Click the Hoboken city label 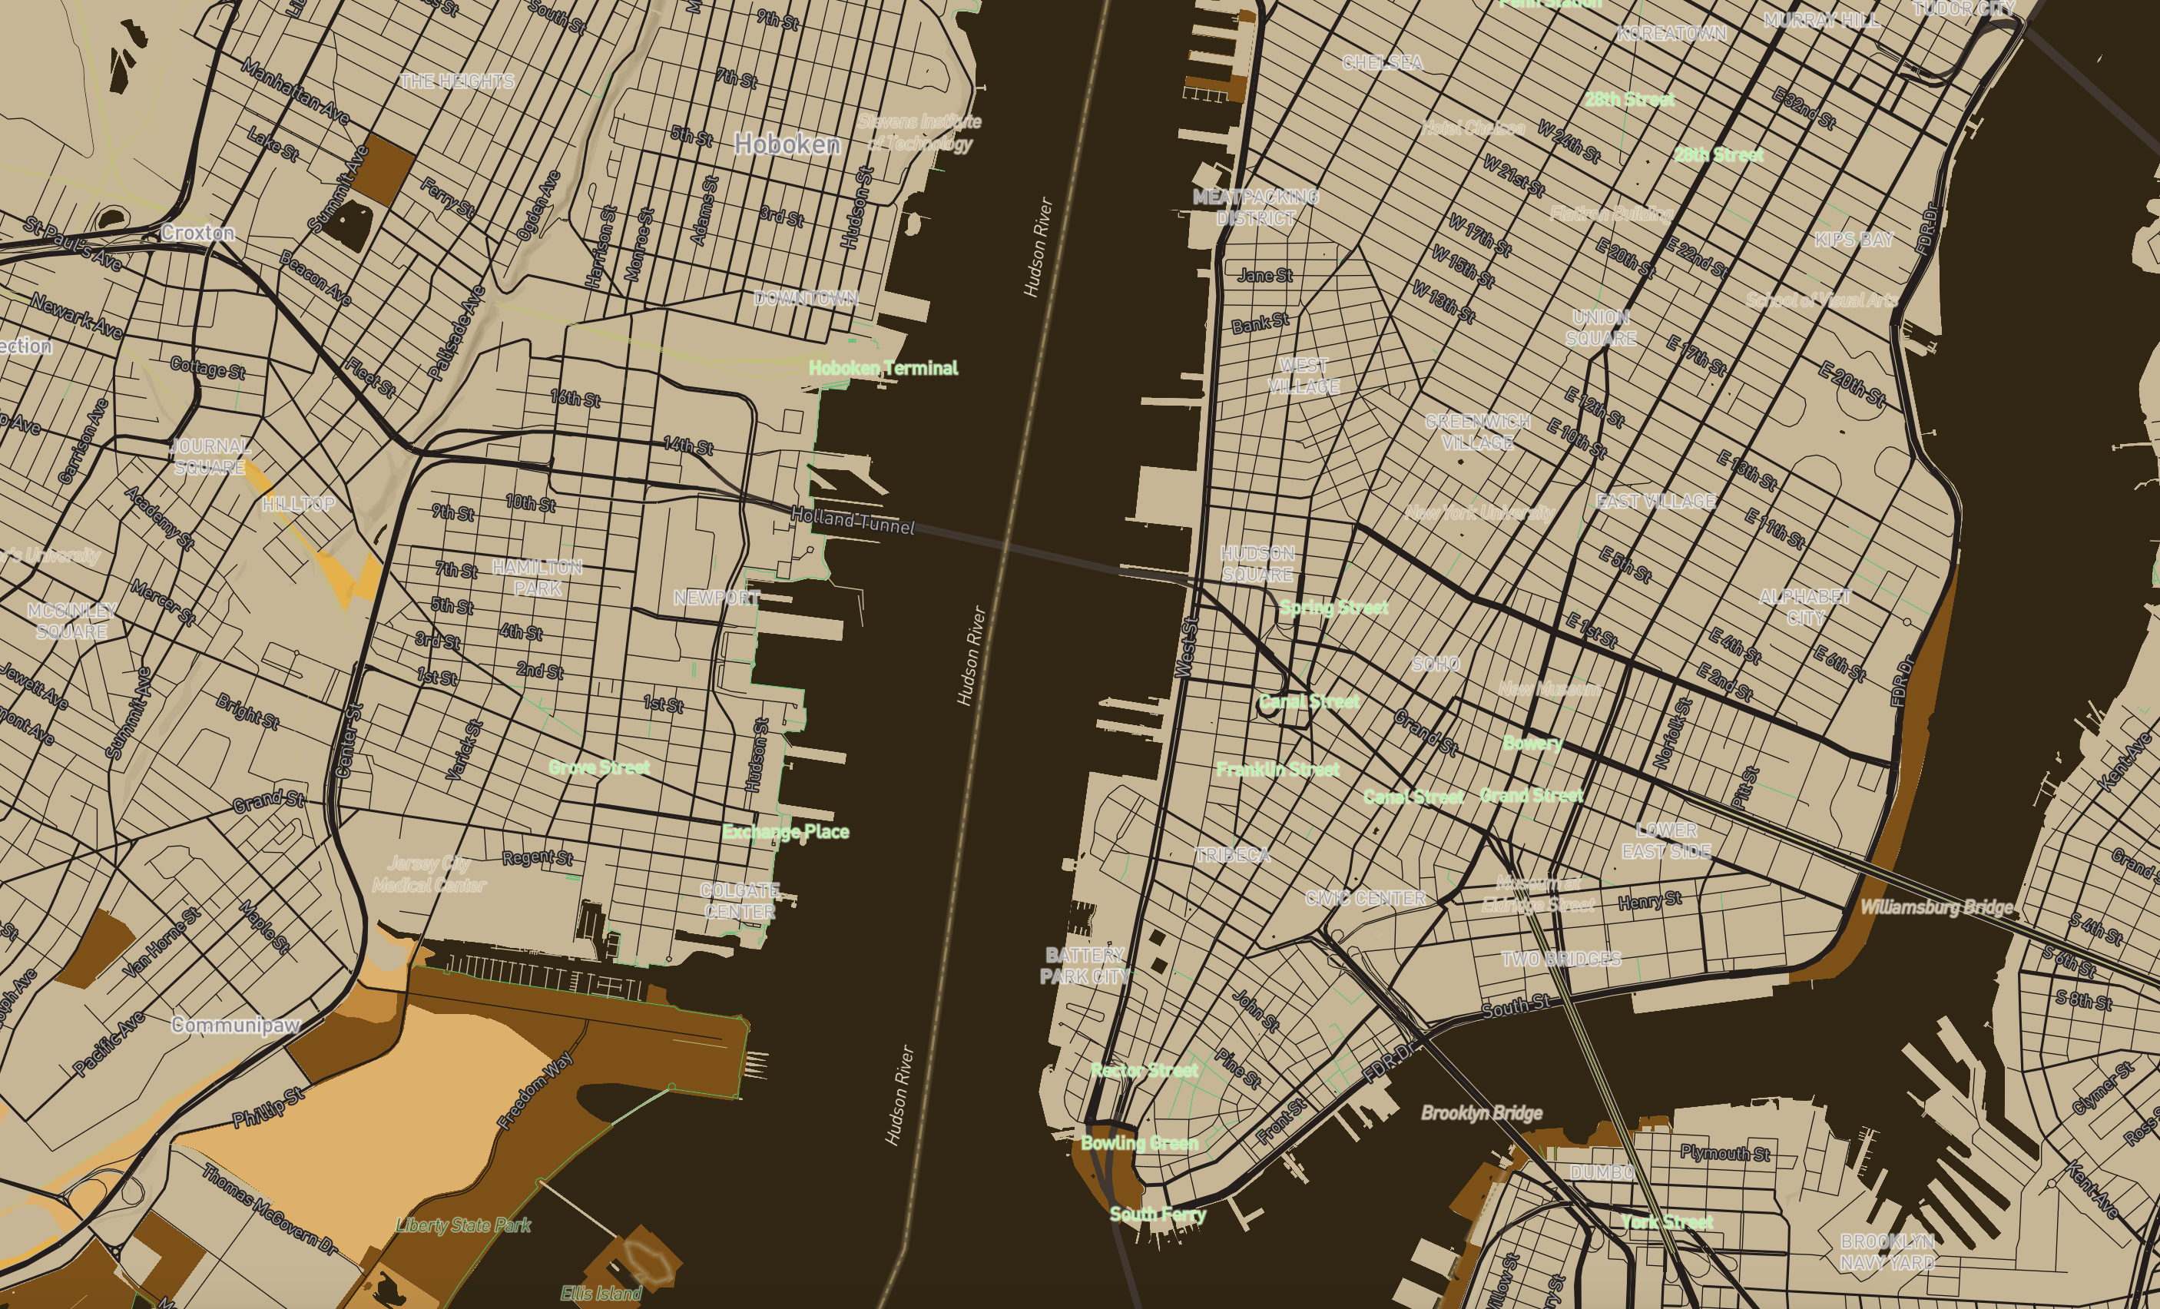[787, 144]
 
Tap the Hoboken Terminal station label [883, 368]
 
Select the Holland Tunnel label [852, 521]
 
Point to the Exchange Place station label [786, 832]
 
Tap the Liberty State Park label [463, 1224]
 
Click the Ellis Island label [601, 1293]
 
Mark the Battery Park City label [1085, 966]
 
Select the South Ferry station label [1157, 1215]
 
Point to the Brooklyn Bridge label [1482, 1113]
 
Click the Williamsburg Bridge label [1936, 906]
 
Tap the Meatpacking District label [1255, 207]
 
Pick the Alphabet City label [1805, 608]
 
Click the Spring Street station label [1333, 608]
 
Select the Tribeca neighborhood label [1233, 856]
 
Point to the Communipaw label [236, 1025]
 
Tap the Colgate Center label [739, 901]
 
